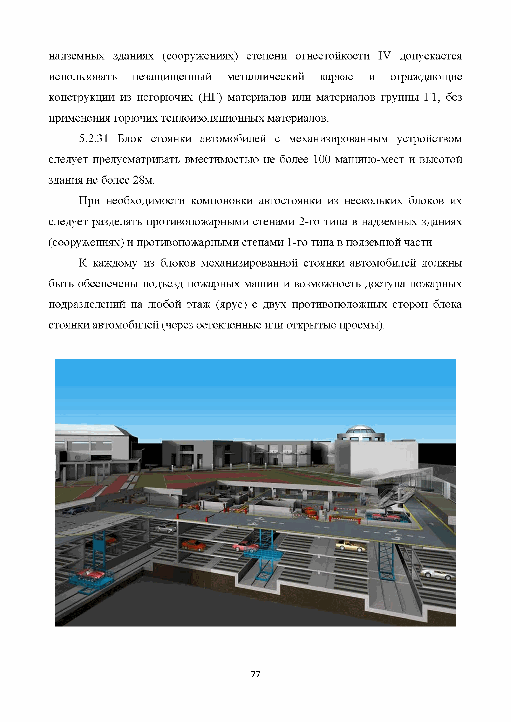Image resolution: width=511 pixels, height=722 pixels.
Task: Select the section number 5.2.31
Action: [94, 139]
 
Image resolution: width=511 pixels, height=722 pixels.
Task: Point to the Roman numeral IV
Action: [384, 56]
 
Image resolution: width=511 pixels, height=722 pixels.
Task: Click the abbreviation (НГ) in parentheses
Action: [210, 98]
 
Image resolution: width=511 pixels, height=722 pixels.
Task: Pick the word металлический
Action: [265, 77]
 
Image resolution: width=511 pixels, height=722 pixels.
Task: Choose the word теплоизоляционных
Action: [213, 118]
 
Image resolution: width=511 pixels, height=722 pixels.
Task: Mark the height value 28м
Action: [144, 180]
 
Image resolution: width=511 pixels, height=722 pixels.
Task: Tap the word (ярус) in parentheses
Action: [231, 304]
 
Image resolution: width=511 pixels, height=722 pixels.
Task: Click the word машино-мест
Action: [369, 160]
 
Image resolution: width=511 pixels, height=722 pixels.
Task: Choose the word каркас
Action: [336, 77]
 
